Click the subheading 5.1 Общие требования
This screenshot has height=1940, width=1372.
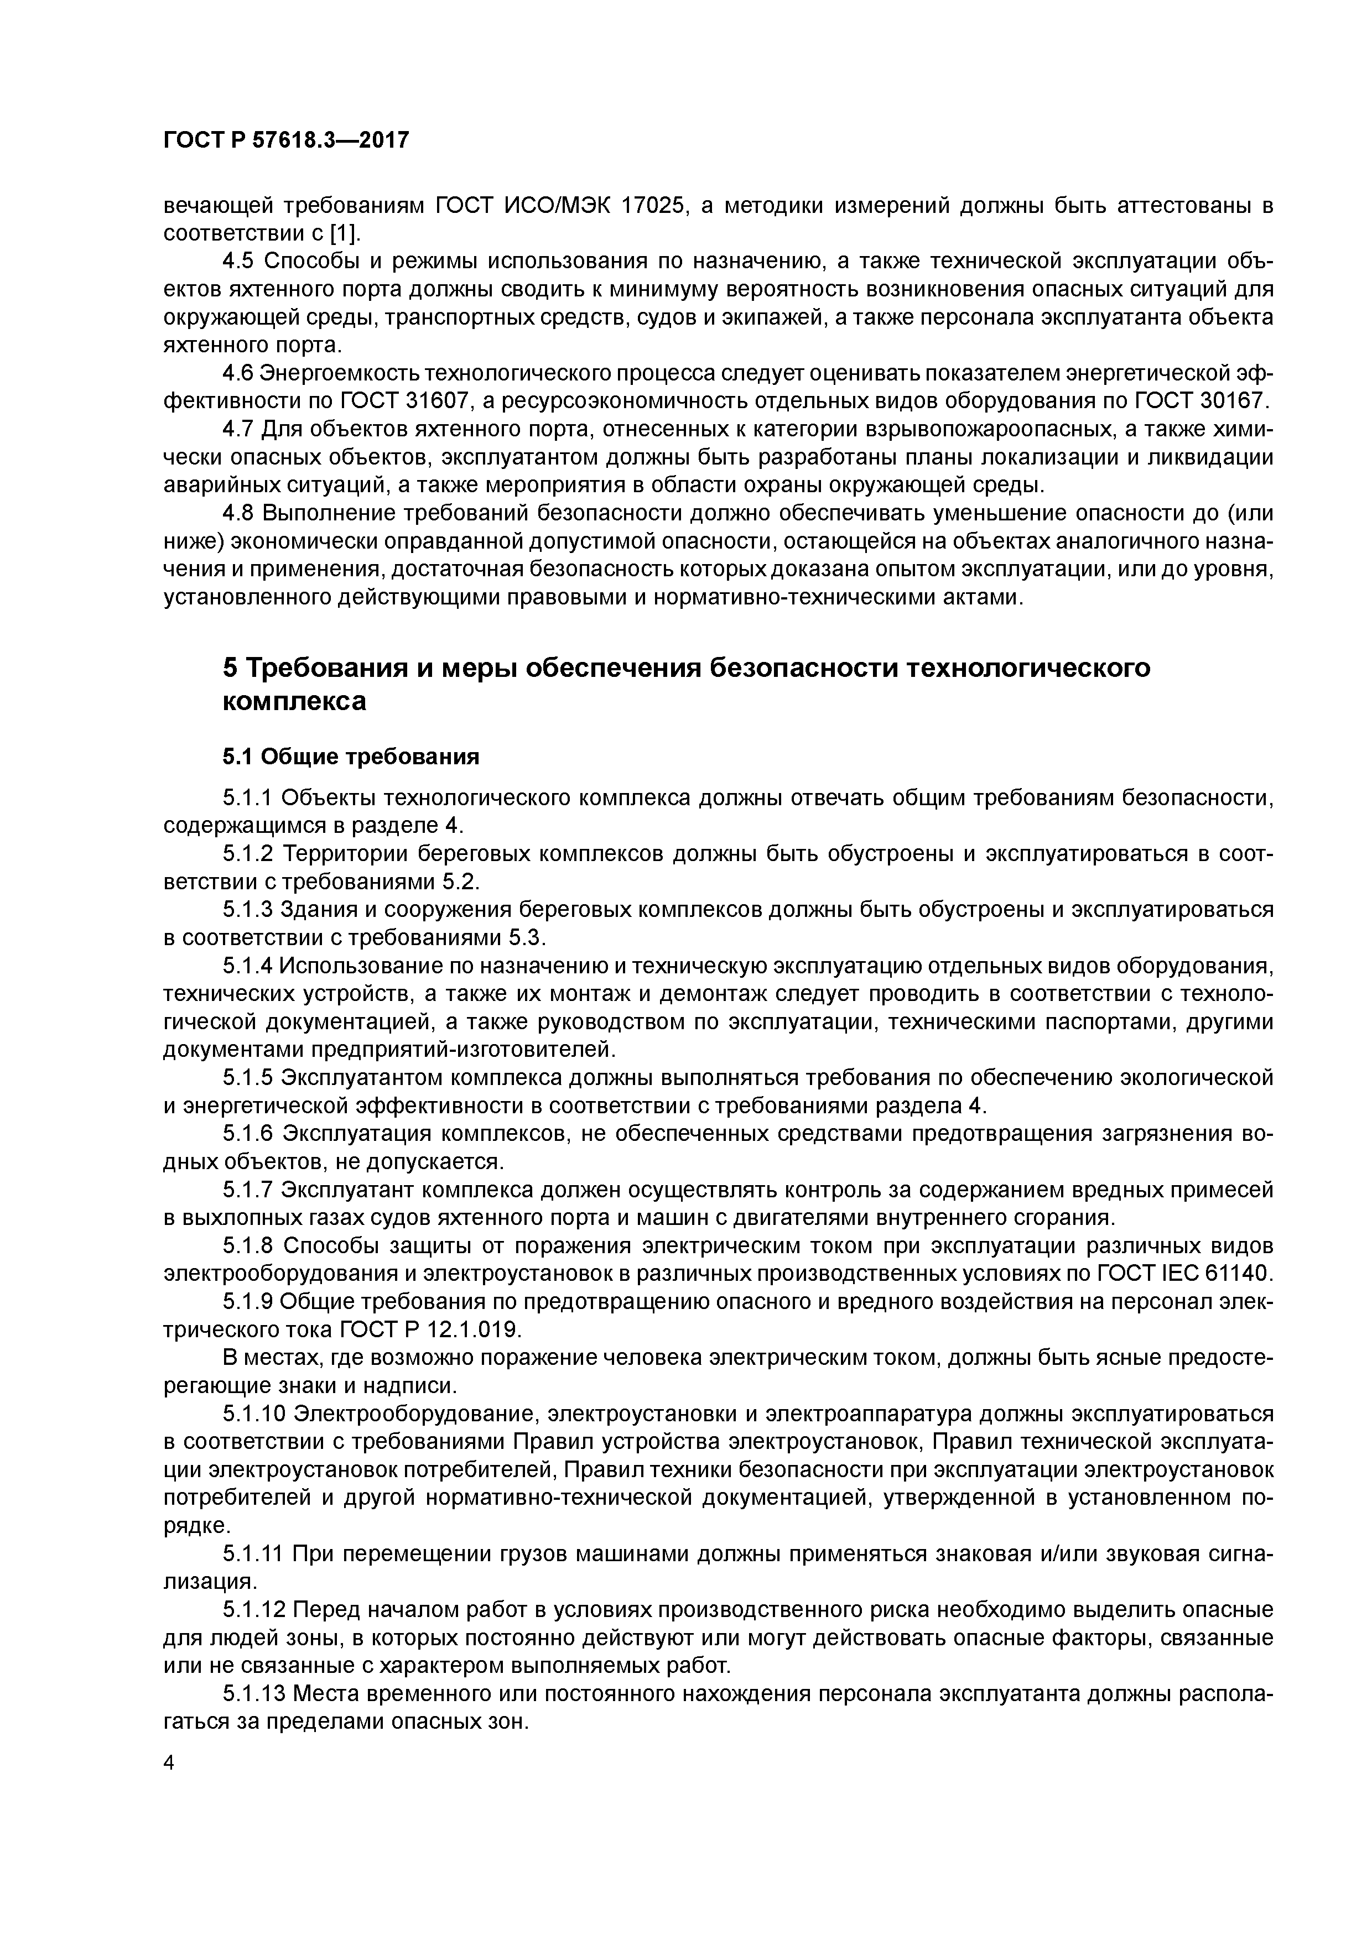351,756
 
